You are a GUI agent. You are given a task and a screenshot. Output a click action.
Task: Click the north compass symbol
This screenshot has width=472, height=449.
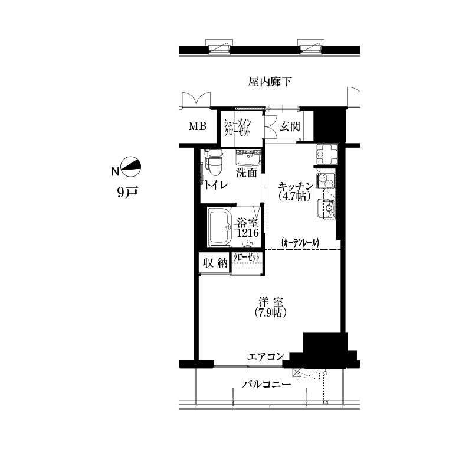[x=131, y=167]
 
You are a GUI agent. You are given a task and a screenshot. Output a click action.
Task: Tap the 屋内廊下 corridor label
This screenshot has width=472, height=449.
[x=270, y=82]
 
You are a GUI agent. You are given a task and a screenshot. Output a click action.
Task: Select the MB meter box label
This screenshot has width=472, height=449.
[x=198, y=126]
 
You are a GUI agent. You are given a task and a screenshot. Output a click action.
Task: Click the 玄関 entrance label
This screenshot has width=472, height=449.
[x=290, y=126]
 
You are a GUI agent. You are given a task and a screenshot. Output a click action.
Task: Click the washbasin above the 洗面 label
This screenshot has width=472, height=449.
[x=248, y=157]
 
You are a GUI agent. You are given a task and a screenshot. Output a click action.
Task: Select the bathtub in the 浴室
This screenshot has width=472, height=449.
[x=221, y=227]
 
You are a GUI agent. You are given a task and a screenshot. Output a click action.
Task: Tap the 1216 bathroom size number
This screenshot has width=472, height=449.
[x=248, y=233]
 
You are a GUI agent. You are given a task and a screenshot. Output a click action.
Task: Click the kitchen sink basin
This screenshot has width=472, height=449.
[x=327, y=208]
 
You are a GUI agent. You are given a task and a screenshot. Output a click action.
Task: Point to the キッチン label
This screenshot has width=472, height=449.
[x=296, y=186]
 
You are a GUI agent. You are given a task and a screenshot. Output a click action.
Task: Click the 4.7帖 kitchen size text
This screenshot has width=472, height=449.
[x=294, y=197]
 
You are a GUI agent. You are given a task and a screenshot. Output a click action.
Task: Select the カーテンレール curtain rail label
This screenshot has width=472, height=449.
[x=300, y=243]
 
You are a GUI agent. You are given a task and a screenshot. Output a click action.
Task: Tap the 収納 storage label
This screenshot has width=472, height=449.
[x=215, y=263]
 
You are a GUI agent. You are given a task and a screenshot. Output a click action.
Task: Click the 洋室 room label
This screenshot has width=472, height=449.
[x=271, y=302]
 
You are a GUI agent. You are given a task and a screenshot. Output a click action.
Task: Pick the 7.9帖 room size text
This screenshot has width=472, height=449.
[x=270, y=313]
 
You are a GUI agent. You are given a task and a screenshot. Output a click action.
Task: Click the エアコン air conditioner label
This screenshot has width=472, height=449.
[x=265, y=357]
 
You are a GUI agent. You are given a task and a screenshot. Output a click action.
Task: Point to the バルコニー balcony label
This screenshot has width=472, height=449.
[x=267, y=385]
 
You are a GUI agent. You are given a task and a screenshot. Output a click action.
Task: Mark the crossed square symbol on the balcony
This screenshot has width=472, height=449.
[x=297, y=373]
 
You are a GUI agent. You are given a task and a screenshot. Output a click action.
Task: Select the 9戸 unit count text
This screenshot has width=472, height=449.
[x=127, y=193]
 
